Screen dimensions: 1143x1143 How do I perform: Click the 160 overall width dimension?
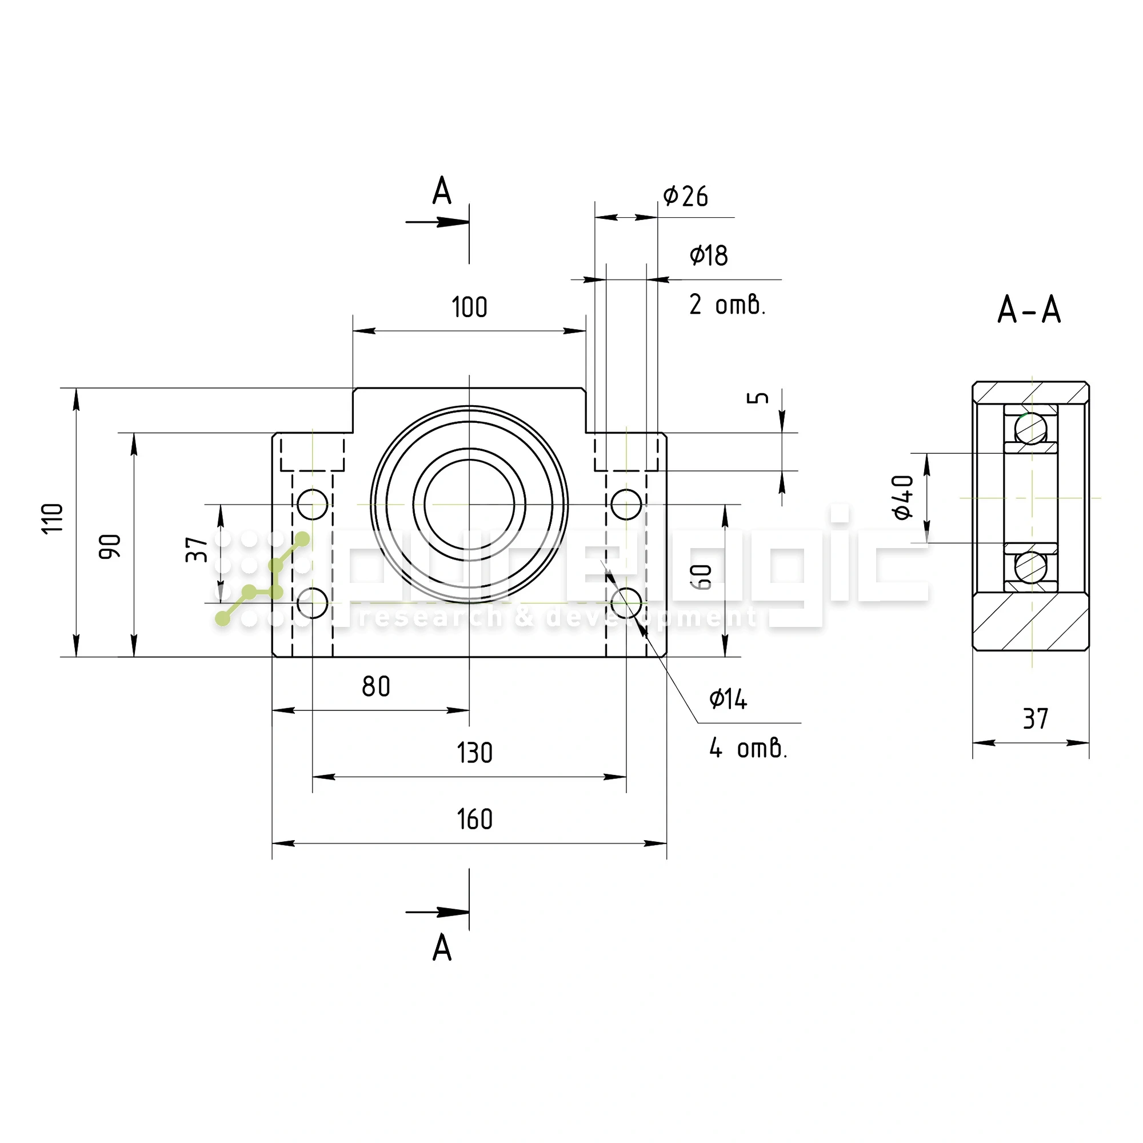[x=474, y=820]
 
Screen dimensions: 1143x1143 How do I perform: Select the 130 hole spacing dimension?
[x=474, y=753]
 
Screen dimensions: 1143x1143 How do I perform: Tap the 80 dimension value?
[x=375, y=686]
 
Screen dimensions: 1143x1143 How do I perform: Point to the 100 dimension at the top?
[x=469, y=307]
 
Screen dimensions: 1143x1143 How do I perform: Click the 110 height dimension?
[x=53, y=518]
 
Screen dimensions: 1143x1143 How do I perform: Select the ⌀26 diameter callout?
[x=685, y=196]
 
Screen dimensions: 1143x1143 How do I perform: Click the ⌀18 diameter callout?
[x=708, y=255]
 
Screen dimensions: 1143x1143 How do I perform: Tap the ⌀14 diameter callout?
[x=728, y=700]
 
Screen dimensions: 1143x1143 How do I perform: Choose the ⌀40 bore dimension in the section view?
[x=904, y=498]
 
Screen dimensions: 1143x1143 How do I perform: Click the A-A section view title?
[x=1029, y=309]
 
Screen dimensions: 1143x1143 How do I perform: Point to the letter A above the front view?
[x=442, y=191]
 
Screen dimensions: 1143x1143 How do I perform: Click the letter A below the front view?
[x=442, y=948]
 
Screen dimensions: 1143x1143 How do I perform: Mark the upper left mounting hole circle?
[x=313, y=504]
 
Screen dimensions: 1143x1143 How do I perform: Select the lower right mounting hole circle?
[x=626, y=603]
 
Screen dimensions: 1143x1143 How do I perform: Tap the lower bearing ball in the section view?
[x=1030, y=567]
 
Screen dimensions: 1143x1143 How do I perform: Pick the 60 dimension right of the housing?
[x=702, y=577]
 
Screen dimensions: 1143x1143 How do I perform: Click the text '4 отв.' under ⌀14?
[x=748, y=749]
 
